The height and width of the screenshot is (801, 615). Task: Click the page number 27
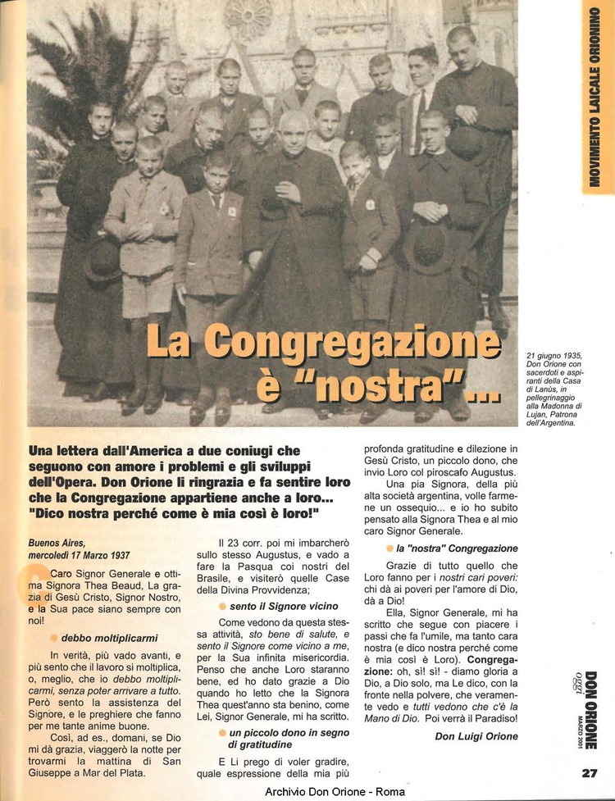click(588, 771)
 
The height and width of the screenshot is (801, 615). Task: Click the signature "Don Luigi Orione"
click(478, 735)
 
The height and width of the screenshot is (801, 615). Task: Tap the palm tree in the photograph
click(74, 82)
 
